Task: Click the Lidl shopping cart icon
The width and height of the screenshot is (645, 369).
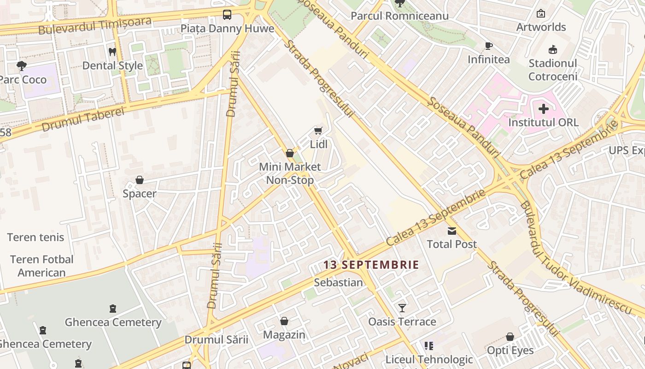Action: coord(318,131)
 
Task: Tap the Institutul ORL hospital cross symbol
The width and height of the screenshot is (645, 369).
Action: coord(544,109)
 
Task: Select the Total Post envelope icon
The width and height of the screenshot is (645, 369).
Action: coord(451,231)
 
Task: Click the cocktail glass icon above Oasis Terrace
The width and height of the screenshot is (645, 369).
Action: coord(402,308)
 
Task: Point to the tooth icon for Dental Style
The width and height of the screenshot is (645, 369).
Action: coord(112,52)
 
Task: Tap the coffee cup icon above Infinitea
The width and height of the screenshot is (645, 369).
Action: coord(488,46)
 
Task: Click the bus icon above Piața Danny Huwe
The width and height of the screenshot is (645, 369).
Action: coord(227,15)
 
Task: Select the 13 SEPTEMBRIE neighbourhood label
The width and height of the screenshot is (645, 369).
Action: coord(371,265)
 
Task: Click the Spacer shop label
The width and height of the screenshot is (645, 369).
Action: coord(140,194)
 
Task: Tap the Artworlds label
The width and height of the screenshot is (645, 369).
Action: coord(541,27)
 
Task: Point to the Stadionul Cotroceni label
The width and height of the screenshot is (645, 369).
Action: coord(553,70)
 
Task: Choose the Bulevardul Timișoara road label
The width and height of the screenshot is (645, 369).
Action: coord(95,26)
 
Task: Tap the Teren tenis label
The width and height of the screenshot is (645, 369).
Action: coord(35,238)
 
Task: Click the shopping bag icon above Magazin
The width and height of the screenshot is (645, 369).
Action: coord(284,321)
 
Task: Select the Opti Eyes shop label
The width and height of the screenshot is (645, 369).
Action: coord(510,351)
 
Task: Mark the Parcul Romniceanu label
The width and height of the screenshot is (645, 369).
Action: coord(399,16)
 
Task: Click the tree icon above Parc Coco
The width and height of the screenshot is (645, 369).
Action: coord(21,66)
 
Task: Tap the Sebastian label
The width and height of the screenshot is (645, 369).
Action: coord(338,282)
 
